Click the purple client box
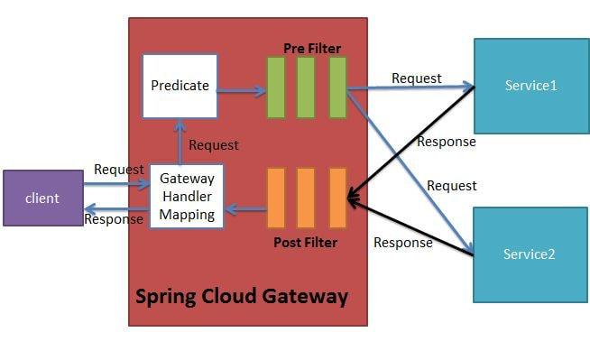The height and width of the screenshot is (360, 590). [x=42, y=198]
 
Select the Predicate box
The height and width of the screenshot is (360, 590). [x=180, y=86]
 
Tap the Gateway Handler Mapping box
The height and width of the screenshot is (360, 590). [x=187, y=197]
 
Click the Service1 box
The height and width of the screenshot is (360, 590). [x=530, y=85]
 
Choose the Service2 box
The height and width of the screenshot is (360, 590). [x=530, y=254]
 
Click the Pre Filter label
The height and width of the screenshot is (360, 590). [x=309, y=47]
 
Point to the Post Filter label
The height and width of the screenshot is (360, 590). [x=305, y=243]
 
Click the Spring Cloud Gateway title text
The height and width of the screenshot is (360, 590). [x=241, y=297]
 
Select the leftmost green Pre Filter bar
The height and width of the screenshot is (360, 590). [x=275, y=88]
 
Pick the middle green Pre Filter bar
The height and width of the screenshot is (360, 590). [x=306, y=88]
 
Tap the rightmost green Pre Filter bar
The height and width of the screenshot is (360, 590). [x=337, y=88]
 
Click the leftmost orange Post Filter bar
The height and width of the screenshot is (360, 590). [x=275, y=198]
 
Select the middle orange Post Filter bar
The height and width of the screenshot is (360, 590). [x=306, y=198]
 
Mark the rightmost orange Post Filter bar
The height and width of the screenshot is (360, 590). [x=337, y=198]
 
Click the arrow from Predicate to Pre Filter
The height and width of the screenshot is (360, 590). [x=242, y=90]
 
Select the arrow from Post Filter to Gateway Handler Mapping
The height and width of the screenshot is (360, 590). [x=244, y=210]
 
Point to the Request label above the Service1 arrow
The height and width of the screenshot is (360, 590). [x=416, y=78]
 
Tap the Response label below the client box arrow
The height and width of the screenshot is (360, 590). [x=113, y=218]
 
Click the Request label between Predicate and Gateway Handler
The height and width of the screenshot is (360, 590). [x=214, y=144]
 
